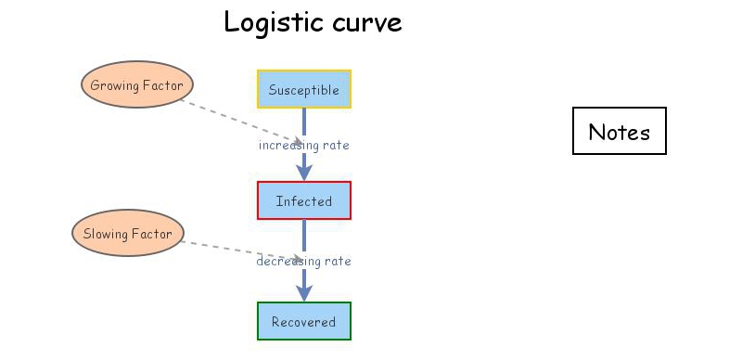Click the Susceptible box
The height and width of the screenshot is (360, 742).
304,90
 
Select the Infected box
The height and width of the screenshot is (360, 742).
304,200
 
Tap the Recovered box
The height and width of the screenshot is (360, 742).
304,321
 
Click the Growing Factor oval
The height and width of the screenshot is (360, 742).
136,85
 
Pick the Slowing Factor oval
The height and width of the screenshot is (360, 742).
128,234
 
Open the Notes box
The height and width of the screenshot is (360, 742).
620,132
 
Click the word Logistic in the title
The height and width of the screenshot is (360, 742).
269,22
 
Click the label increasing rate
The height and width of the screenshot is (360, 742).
304,145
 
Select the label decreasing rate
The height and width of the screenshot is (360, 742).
304,262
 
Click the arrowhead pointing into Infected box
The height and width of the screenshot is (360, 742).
304,173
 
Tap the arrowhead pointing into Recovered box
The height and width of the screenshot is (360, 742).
304,292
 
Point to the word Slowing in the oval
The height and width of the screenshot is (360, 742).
105,234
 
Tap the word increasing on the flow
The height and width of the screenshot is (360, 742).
288,145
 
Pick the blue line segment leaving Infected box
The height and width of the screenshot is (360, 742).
304,236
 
